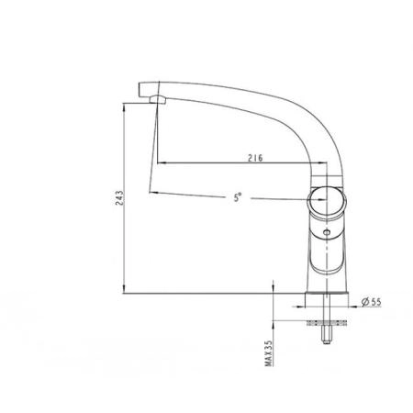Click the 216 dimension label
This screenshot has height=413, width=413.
255,158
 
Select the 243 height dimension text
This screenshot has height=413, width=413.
119,198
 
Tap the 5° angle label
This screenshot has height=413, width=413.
238,197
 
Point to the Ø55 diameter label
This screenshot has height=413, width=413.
372,302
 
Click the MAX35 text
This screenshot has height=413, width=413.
269,353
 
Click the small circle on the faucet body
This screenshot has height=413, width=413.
327,233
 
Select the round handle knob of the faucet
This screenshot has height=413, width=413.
327,201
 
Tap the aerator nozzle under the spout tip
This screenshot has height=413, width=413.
157,99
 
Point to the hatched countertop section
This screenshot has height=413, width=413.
327,323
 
